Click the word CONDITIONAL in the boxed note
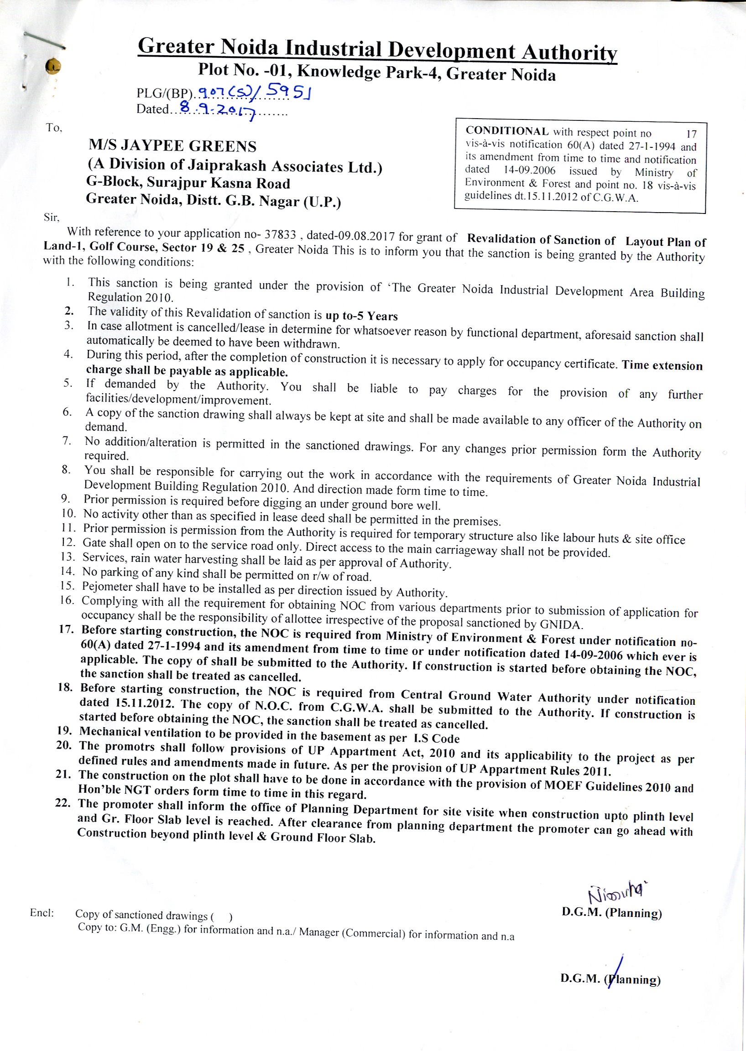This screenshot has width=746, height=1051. point(506,131)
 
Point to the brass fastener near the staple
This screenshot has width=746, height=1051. point(53,66)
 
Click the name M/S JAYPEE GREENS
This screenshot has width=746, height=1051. point(172,146)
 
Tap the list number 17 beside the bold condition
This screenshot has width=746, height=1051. point(66,629)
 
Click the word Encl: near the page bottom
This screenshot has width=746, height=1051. point(42,912)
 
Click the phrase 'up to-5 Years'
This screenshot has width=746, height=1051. point(361,316)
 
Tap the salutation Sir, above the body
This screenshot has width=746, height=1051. point(52,217)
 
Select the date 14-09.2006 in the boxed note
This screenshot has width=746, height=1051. point(529,170)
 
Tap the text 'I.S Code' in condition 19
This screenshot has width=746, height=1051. point(436,738)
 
